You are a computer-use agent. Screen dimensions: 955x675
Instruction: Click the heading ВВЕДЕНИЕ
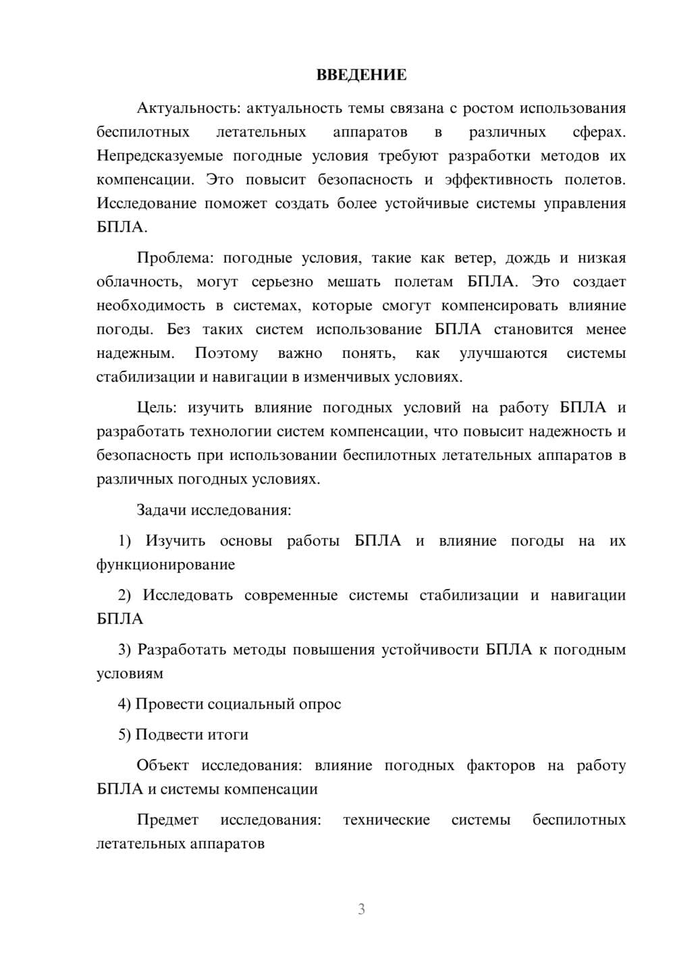[x=361, y=75]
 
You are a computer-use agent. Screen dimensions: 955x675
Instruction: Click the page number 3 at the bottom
[x=361, y=909]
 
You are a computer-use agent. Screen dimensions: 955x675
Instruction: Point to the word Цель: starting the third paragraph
[x=157, y=407]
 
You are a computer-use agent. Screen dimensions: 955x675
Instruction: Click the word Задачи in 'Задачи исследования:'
[x=162, y=510]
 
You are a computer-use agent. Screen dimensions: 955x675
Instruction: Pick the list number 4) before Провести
[x=125, y=704]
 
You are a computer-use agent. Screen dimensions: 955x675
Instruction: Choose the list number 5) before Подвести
[x=125, y=735]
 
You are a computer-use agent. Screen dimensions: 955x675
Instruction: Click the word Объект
[x=162, y=765]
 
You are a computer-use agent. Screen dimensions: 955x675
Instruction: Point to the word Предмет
[x=167, y=820]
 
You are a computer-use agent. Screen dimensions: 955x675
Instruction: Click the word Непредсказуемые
[x=160, y=156]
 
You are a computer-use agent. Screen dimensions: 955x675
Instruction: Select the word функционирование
[x=165, y=565]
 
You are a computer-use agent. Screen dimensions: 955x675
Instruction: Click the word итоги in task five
[x=230, y=735]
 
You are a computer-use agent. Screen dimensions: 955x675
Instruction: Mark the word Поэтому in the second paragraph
[x=226, y=353]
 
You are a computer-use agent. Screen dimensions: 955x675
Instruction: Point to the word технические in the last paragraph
[x=386, y=820]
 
